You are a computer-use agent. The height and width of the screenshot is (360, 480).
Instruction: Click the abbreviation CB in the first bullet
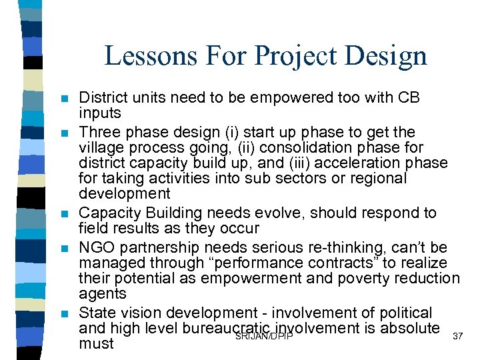click(x=409, y=97)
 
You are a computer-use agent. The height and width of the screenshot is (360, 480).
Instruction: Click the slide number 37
click(x=457, y=335)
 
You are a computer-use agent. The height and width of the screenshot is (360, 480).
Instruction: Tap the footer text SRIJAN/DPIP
click(x=264, y=335)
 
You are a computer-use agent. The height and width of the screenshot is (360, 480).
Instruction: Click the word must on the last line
click(x=96, y=344)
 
